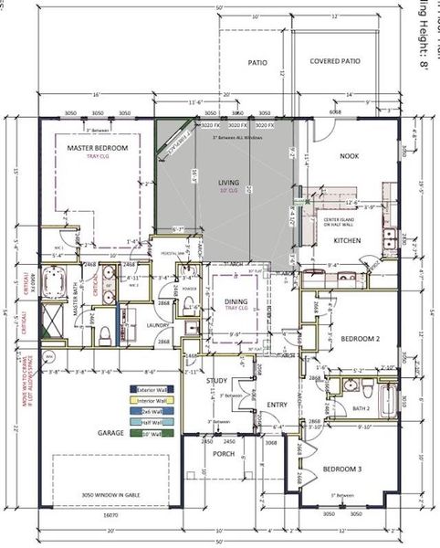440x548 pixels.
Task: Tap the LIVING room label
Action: (x=227, y=183)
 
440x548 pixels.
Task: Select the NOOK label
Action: (x=350, y=156)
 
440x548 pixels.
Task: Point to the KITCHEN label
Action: (x=348, y=240)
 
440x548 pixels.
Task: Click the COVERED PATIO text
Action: (x=334, y=62)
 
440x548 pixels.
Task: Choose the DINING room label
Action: (x=237, y=300)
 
